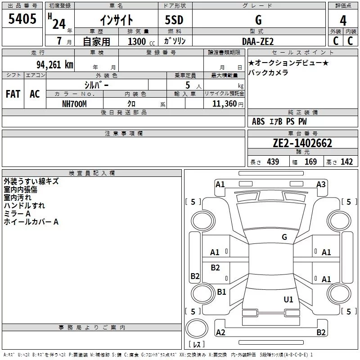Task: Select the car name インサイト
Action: click(116, 20)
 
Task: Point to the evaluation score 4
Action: click(343, 21)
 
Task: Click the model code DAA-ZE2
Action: click(258, 41)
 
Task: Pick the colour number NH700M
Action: click(74, 104)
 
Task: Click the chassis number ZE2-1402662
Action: click(302, 144)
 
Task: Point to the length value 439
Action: click(273, 162)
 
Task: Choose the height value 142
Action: click(346, 162)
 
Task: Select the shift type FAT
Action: click(13, 94)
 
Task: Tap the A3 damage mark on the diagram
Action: click(321, 184)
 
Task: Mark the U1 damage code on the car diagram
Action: click(288, 299)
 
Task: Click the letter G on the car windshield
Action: click(284, 237)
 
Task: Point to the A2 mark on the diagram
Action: click(220, 332)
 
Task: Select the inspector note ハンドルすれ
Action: click(24, 206)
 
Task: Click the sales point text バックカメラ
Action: click(268, 73)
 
